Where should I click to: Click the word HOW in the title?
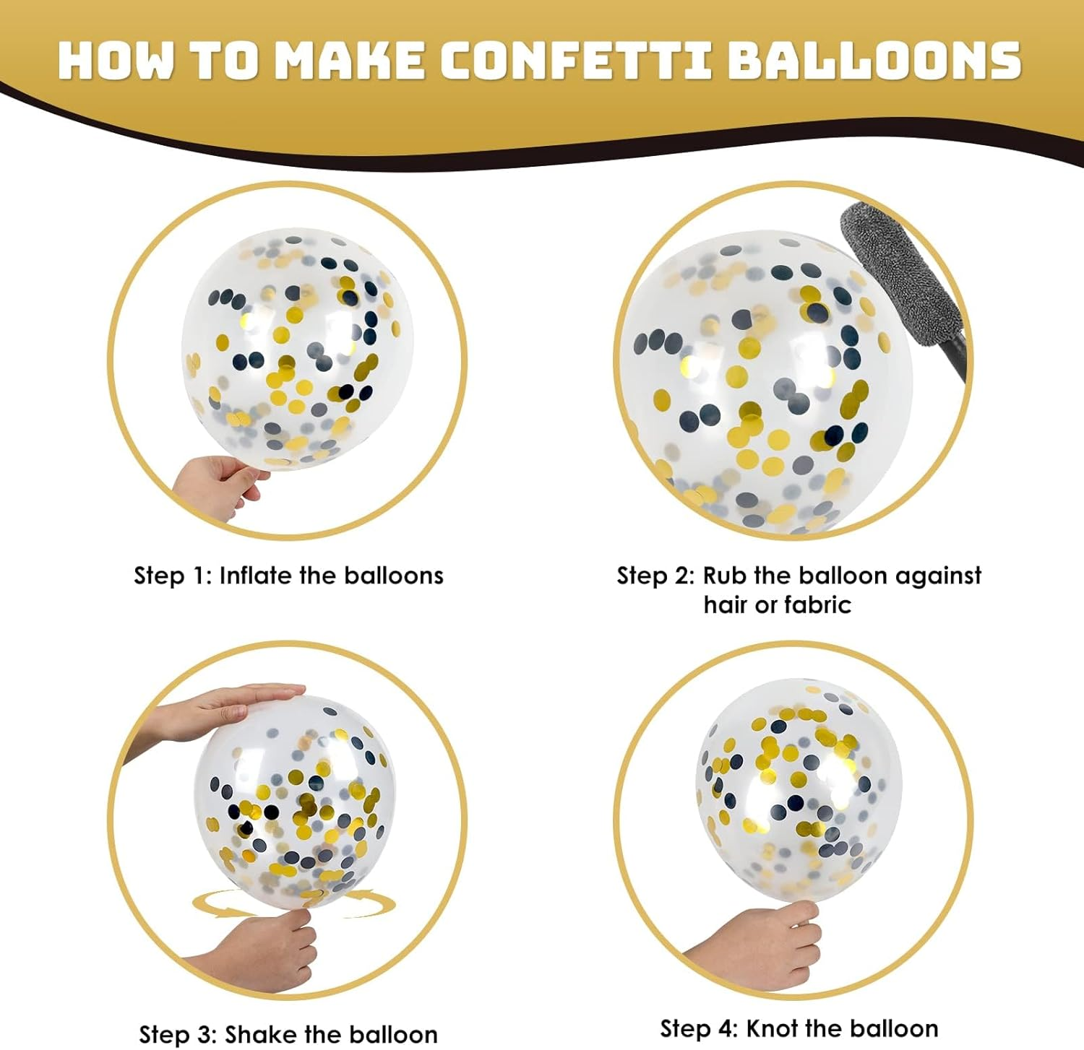pos(116,60)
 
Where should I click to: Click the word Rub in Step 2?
pos(725,576)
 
